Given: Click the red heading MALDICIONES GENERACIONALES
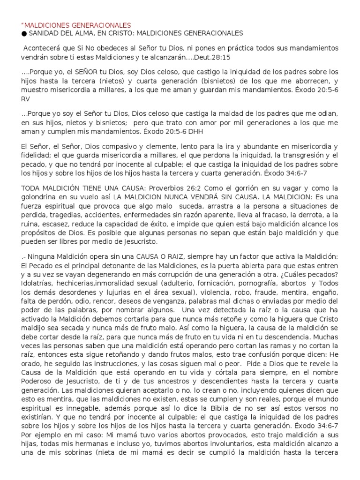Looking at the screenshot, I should (x=77, y=25).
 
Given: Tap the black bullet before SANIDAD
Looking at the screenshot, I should (x=23, y=33).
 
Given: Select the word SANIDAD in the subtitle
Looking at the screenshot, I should (x=44, y=33).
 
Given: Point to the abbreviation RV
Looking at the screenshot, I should (x=26, y=99).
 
